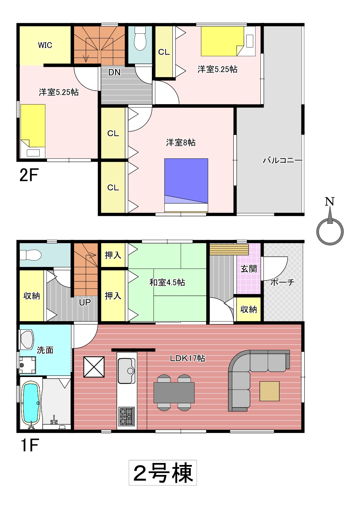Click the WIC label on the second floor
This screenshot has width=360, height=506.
(45, 45)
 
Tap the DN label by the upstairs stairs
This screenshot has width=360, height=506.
(114, 72)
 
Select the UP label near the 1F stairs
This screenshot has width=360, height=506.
(85, 302)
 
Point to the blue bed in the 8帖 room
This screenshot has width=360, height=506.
(186, 186)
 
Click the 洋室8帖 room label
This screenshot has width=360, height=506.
(181, 143)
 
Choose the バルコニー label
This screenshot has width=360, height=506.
(283, 160)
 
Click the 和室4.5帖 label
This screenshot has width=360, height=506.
(167, 282)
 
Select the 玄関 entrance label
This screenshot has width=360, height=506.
(248, 269)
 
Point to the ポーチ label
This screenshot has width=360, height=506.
(283, 282)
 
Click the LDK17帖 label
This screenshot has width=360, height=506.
(188, 358)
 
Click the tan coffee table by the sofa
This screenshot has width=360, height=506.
(269, 391)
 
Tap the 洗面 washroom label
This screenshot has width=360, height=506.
(45, 350)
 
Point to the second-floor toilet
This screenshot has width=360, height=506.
(140, 39)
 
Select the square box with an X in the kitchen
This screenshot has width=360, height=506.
(94, 367)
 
